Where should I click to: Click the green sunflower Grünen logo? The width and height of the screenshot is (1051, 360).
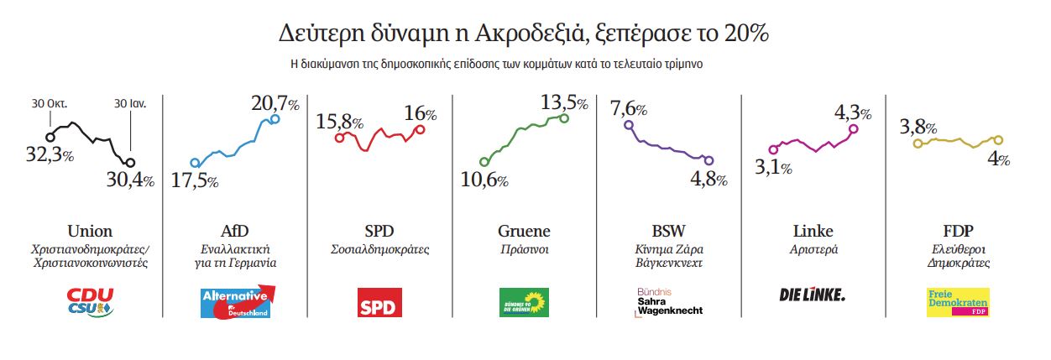click(524, 301)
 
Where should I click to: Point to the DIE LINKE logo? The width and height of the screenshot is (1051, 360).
click(813, 295)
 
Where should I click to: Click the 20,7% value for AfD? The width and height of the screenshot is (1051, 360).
click(275, 104)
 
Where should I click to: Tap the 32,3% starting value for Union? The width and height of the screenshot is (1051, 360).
click(51, 155)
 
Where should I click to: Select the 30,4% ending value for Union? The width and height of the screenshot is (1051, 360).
click(130, 180)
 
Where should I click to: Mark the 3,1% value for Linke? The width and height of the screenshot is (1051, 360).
click(773, 168)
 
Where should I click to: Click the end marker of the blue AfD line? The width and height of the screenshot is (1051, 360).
click(275, 119)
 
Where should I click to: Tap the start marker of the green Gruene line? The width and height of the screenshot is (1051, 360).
click(484, 162)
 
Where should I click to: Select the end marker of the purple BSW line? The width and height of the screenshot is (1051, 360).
click(709, 160)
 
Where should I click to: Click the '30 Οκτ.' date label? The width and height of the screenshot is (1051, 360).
click(49, 104)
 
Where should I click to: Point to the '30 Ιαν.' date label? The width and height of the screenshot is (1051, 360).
click(130, 104)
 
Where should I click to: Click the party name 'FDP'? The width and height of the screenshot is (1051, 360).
click(958, 231)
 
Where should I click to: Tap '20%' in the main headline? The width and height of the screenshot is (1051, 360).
click(748, 35)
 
